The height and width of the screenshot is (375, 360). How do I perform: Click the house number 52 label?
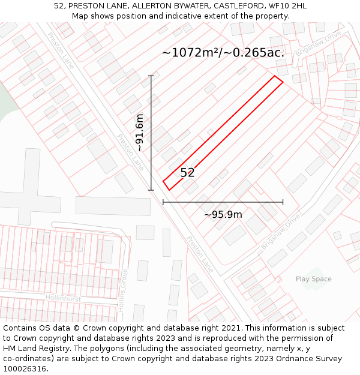point(187,173)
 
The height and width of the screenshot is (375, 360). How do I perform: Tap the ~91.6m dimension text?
point(140,133)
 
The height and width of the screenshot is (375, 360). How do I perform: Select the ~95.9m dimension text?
point(223,215)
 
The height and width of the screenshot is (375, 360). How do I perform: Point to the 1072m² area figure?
point(190,53)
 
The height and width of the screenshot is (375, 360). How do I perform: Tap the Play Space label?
point(313,279)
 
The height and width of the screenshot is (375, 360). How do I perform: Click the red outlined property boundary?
point(223,133)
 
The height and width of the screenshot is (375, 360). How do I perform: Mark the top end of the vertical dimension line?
point(151,76)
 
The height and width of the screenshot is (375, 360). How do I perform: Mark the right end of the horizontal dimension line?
point(283,203)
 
